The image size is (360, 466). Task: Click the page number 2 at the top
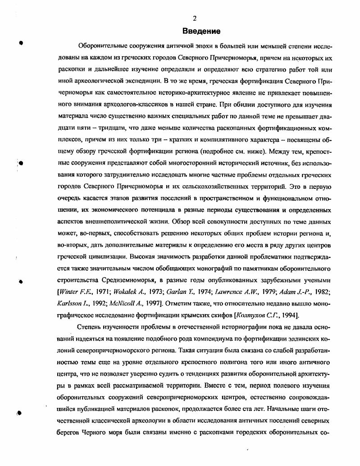(195, 18)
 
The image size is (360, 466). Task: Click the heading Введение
(201, 31)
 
